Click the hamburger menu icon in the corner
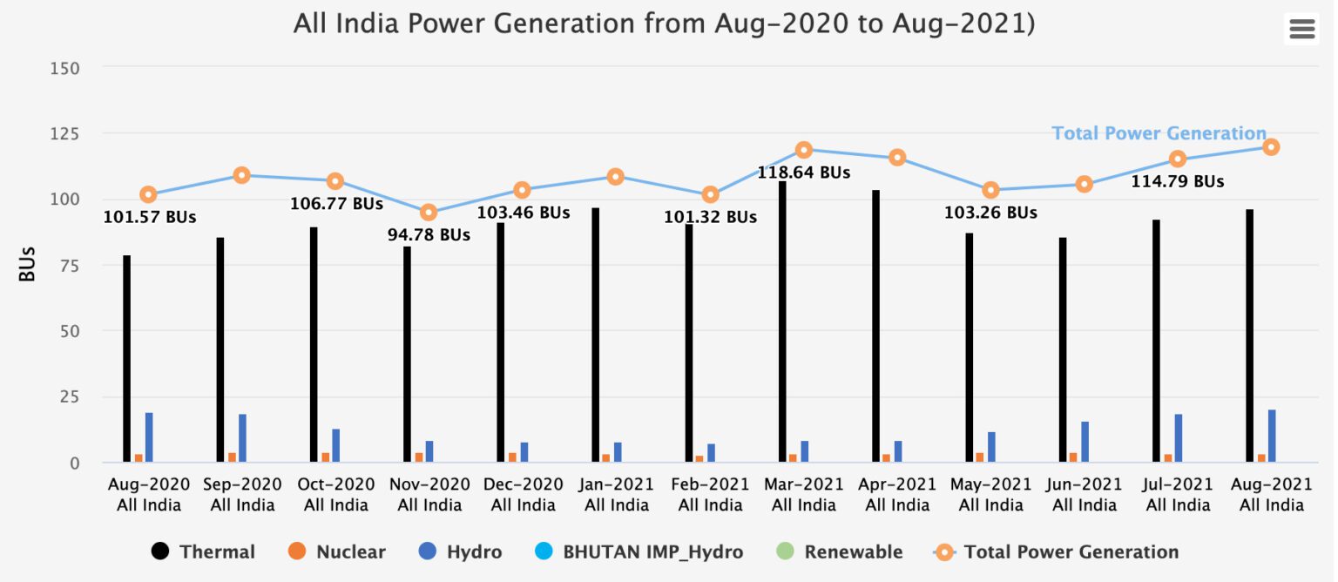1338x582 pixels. point(1301,30)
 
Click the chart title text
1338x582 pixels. point(664,24)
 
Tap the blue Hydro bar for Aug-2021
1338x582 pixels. point(1272,436)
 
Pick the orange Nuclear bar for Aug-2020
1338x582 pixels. point(139,457)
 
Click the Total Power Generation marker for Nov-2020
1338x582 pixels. point(429,213)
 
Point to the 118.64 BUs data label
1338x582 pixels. point(803,173)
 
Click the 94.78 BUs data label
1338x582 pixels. point(429,235)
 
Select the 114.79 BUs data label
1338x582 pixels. point(1177,182)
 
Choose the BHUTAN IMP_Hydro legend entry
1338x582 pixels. point(639,552)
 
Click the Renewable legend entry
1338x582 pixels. point(840,552)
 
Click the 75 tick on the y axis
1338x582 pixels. point(70,265)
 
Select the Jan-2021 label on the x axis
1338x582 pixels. point(616,494)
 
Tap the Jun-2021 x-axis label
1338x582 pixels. point(1084,494)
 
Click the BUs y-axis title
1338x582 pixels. point(28,265)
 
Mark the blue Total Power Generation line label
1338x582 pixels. point(1159,133)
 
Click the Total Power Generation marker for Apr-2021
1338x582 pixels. point(897,158)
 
